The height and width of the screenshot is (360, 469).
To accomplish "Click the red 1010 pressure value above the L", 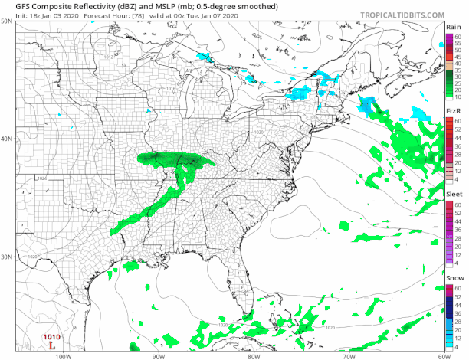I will point(51,336).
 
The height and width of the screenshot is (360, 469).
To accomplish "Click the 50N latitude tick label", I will point(6,21).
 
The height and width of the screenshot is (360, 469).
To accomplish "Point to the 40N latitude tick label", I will point(6,139).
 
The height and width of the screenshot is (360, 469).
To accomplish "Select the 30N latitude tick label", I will point(6,257).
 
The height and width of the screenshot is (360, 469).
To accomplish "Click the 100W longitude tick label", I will point(63,355).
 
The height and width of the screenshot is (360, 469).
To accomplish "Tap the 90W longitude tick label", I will point(159,355).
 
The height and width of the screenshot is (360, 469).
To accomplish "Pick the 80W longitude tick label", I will point(254,355).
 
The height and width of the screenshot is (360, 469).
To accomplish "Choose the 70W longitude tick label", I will point(349,355).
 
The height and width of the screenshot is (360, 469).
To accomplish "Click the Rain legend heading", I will point(453,27).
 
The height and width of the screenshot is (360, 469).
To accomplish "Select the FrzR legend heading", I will point(453,112).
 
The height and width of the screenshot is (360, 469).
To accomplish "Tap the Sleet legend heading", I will point(454,195).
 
